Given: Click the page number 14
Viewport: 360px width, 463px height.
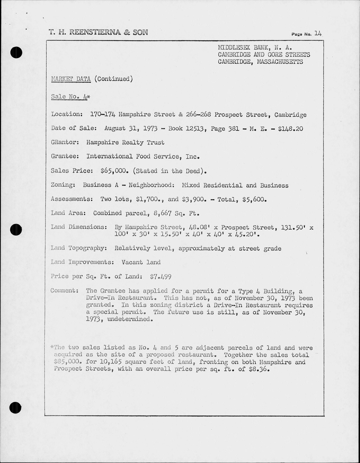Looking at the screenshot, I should coord(318,34).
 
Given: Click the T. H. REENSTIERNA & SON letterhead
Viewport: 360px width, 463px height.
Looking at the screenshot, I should coord(98,32).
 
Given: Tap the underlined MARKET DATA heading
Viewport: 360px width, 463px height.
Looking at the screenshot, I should coord(71,79).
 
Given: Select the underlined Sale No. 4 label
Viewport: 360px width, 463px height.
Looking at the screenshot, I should coord(70,97).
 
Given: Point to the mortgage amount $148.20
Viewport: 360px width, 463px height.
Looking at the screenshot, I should coord(290,128).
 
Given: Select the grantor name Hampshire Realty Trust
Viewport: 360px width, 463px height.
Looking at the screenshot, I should coord(125,143).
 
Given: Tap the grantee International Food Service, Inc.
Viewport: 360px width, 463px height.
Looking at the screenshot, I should coord(143,156).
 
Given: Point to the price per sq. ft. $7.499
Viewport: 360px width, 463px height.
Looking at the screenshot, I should coord(160,277).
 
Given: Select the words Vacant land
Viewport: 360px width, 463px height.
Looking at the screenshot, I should coord(141,262).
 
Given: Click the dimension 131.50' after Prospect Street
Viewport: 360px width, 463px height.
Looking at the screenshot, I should coord(294,228).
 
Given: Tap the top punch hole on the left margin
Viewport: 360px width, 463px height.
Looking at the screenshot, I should coord(16,52).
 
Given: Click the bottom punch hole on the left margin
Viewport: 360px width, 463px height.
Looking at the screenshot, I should coord(15,408).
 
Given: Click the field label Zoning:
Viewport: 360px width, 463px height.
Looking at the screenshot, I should coord(63,185).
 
